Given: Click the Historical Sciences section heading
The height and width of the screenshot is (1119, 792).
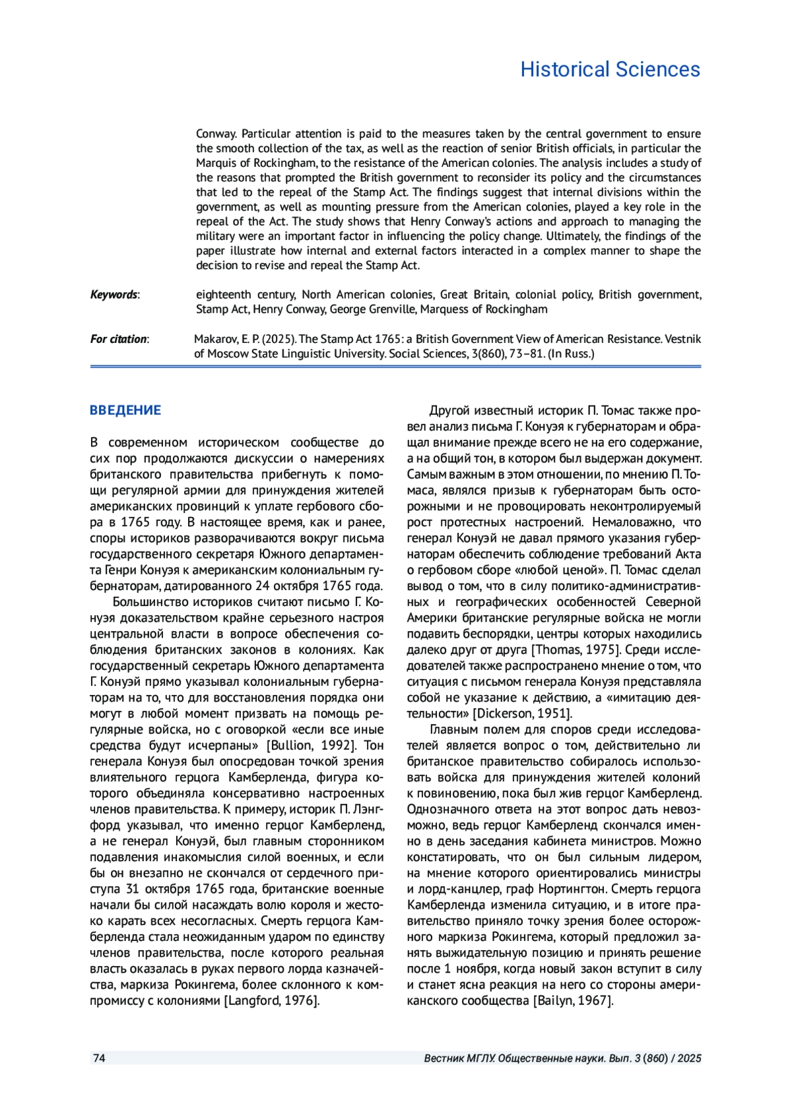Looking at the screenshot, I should (610, 69).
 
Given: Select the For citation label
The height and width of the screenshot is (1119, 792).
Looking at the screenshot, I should (119, 339).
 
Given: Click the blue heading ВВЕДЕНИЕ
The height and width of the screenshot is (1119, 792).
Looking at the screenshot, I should (125, 410).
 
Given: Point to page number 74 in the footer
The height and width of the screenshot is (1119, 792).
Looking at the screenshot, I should (99, 1058).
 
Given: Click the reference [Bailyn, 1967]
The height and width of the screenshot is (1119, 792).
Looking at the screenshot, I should (573, 1000).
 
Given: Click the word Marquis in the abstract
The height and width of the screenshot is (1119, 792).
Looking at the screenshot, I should (214, 163).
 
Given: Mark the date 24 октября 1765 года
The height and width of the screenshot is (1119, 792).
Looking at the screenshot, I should (319, 586).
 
